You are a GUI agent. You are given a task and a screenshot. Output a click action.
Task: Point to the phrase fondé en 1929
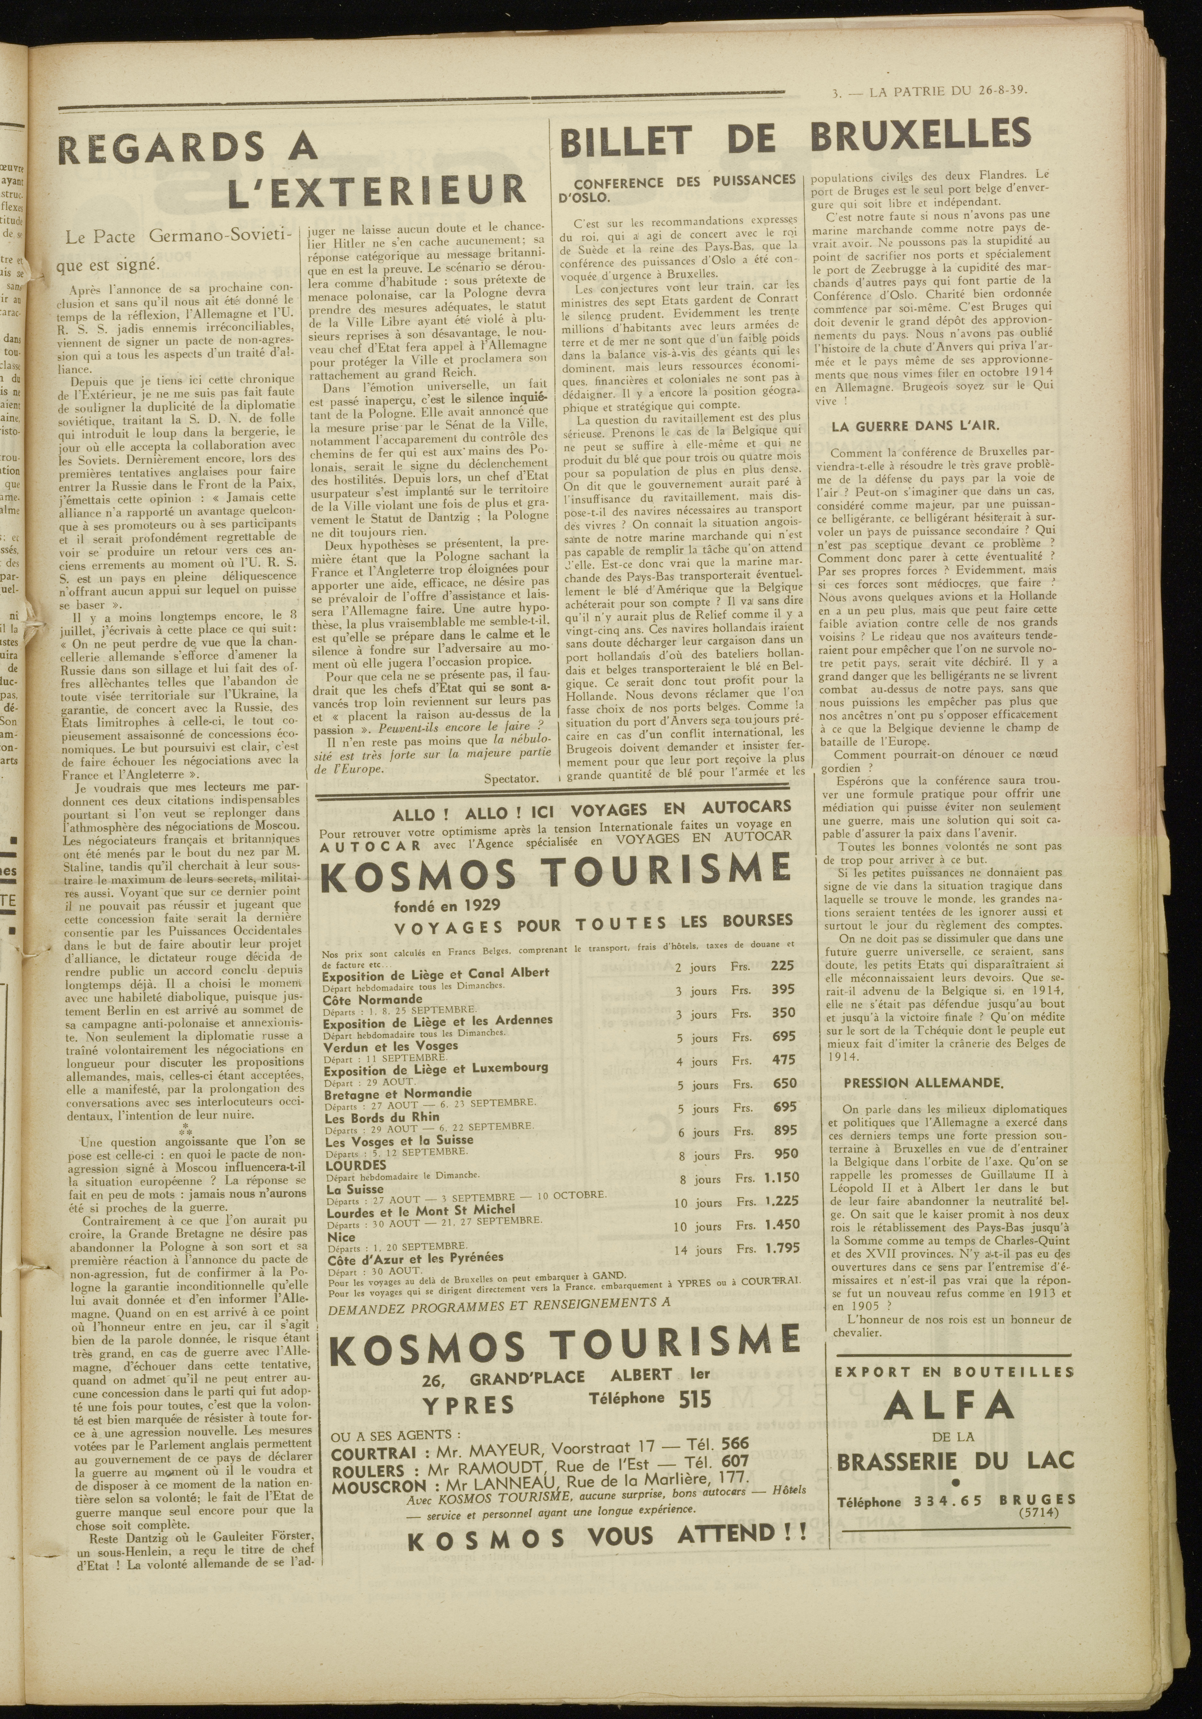pyautogui.click(x=437, y=905)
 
